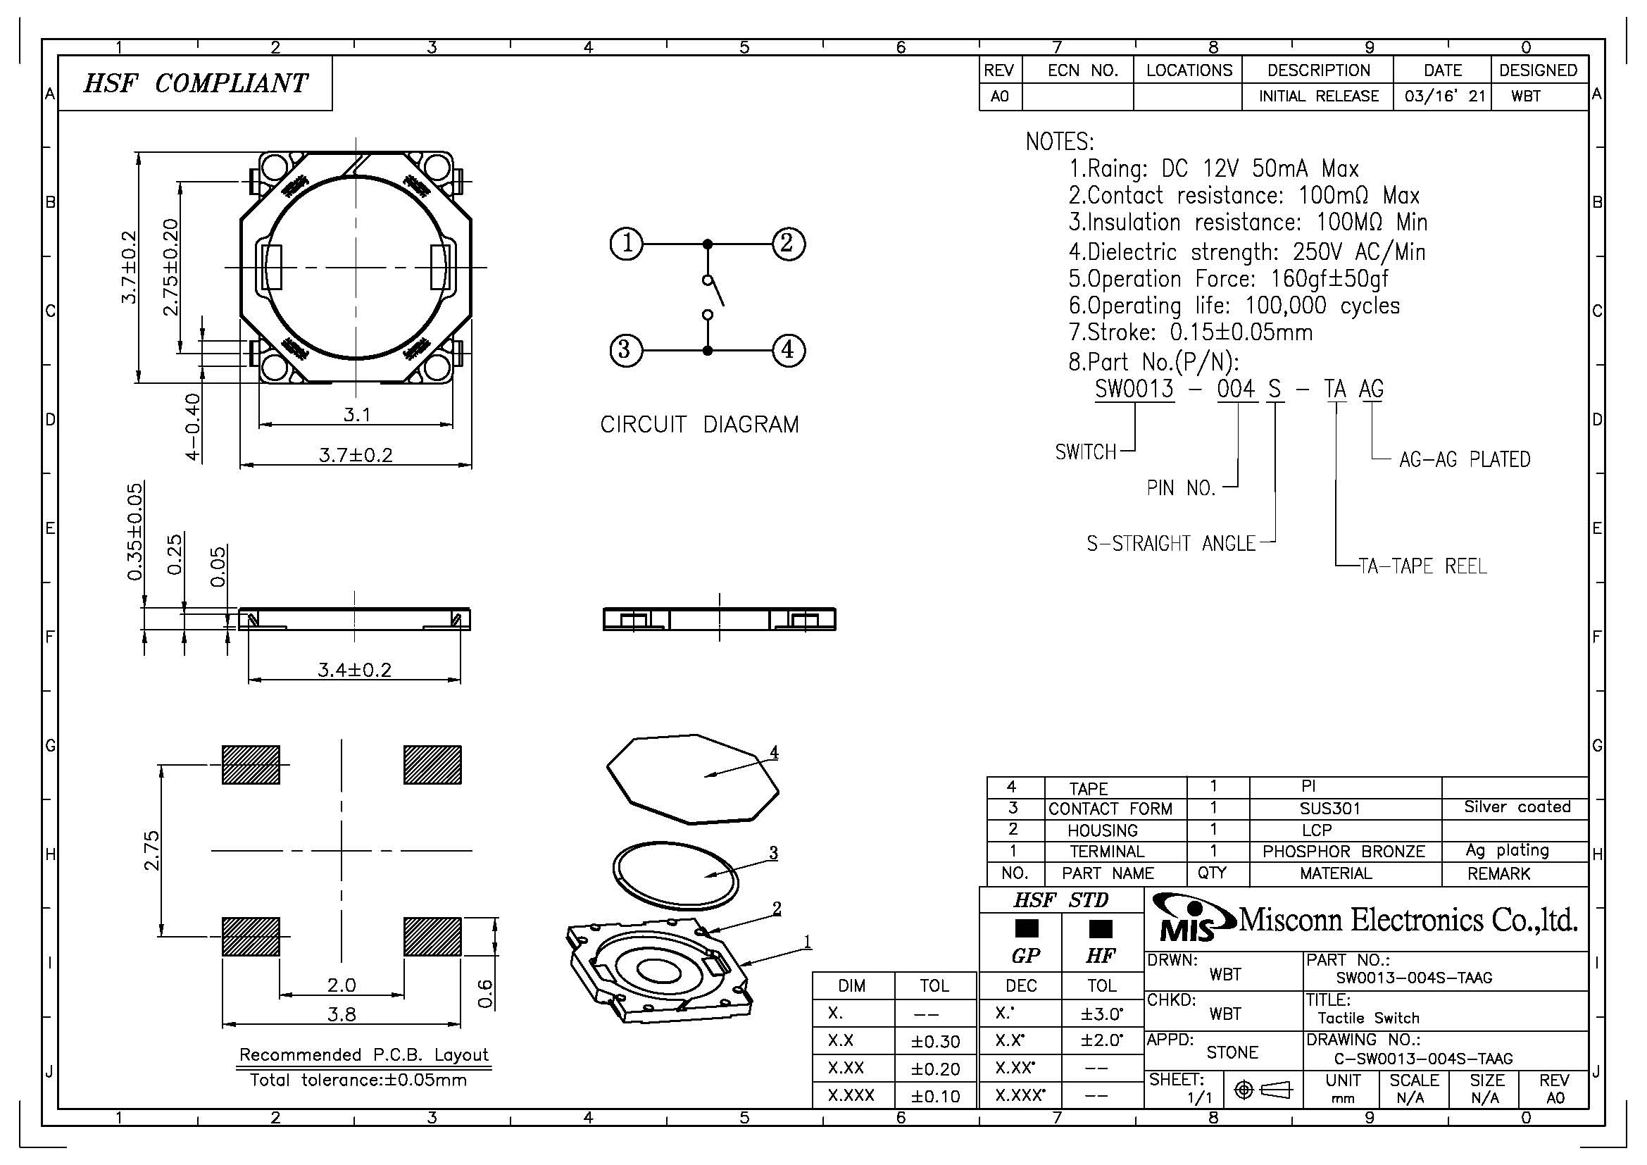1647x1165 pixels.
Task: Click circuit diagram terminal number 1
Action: pyautogui.click(x=626, y=244)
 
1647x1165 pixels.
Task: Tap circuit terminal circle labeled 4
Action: pyautogui.click(x=788, y=350)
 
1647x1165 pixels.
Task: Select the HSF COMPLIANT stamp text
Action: pyautogui.click(x=195, y=83)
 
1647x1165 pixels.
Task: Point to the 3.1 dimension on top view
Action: pyautogui.click(x=356, y=415)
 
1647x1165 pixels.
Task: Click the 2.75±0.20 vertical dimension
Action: pyautogui.click(x=170, y=267)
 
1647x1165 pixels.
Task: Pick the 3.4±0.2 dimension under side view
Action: pyautogui.click(x=354, y=670)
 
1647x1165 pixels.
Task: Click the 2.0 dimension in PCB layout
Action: pyautogui.click(x=342, y=985)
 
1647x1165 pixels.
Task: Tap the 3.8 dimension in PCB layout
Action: pyautogui.click(x=342, y=1014)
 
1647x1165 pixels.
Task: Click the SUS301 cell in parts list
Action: pyautogui.click(x=1330, y=809)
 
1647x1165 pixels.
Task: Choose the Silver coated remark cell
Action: pyautogui.click(x=1517, y=807)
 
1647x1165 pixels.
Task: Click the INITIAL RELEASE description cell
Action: pyautogui.click(x=1318, y=96)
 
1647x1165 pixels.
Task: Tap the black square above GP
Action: pyautogui.click(x=1027, y=929)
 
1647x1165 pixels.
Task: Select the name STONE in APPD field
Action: pyautogui.click(x=1232, y=1052)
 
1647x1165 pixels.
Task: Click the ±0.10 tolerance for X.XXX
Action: pyautogui.click(x=935, y=1096)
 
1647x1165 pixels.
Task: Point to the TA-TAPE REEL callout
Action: pyautogui.click(x=1422, y=567)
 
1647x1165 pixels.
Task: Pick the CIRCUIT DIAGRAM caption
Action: pyautogui.click(x=699, y=425)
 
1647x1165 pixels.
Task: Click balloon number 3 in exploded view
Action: pyautogui.click(x=773, y=853)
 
